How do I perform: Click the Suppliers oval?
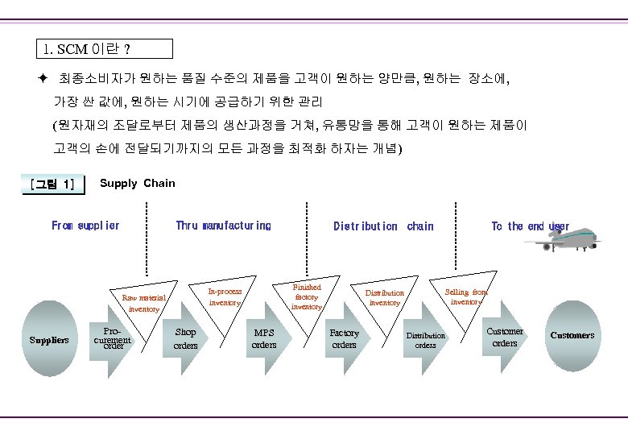49,339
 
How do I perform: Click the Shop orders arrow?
186,338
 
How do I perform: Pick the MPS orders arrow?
265,338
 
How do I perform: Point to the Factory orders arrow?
345,338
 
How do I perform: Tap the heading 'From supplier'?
85,226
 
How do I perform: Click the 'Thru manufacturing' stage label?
224,226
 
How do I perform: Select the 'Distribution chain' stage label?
383,226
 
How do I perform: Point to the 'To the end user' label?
529,226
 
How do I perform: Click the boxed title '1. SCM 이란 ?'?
105,48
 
